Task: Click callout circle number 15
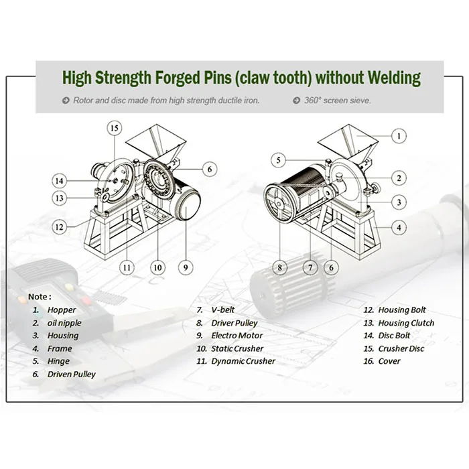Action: click(115, 127)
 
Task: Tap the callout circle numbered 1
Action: click(399, 135)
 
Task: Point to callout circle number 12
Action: click(60, 226)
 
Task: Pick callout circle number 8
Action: click(279, 267)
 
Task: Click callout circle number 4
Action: click(399, 228)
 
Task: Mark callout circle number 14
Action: click(60, 180)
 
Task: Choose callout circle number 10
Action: click(157, 267)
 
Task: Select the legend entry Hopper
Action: click(62, 310)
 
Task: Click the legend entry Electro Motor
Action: click(237, 336)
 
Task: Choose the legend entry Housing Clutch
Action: click(406, 323)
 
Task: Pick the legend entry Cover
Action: click(389, 361)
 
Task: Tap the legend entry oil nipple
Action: click(64, 323)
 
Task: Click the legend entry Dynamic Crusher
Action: click(243, 361)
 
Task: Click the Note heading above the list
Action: click(39, 296)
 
